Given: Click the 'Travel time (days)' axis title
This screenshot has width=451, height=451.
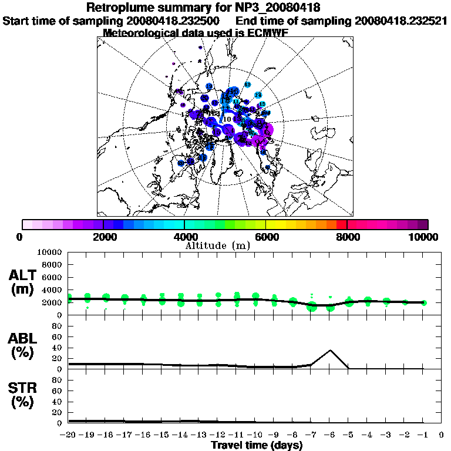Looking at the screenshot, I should [257, 445].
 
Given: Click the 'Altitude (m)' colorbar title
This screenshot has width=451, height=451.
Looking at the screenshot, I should [218, 245].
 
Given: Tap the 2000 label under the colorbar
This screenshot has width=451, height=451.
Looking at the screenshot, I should [103, 237].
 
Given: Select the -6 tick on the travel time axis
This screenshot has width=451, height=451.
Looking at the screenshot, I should [329, 435].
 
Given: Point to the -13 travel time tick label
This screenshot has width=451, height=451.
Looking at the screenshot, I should [198, 435].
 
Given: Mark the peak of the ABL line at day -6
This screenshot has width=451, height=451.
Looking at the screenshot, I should [331, 351].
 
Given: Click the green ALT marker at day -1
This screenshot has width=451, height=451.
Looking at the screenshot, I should [424, 302].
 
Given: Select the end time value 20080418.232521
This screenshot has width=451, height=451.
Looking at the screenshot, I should [400, 21].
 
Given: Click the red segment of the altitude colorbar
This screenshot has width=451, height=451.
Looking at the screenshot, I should [341, 224].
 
